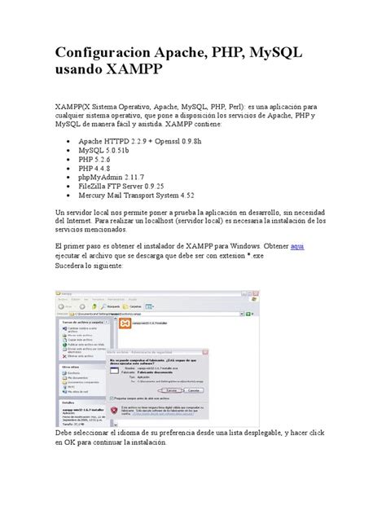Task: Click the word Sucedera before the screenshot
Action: pyautogui.click(x=72, y=266)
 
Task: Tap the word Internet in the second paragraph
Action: pyautogui.click(x=80, y=220)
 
